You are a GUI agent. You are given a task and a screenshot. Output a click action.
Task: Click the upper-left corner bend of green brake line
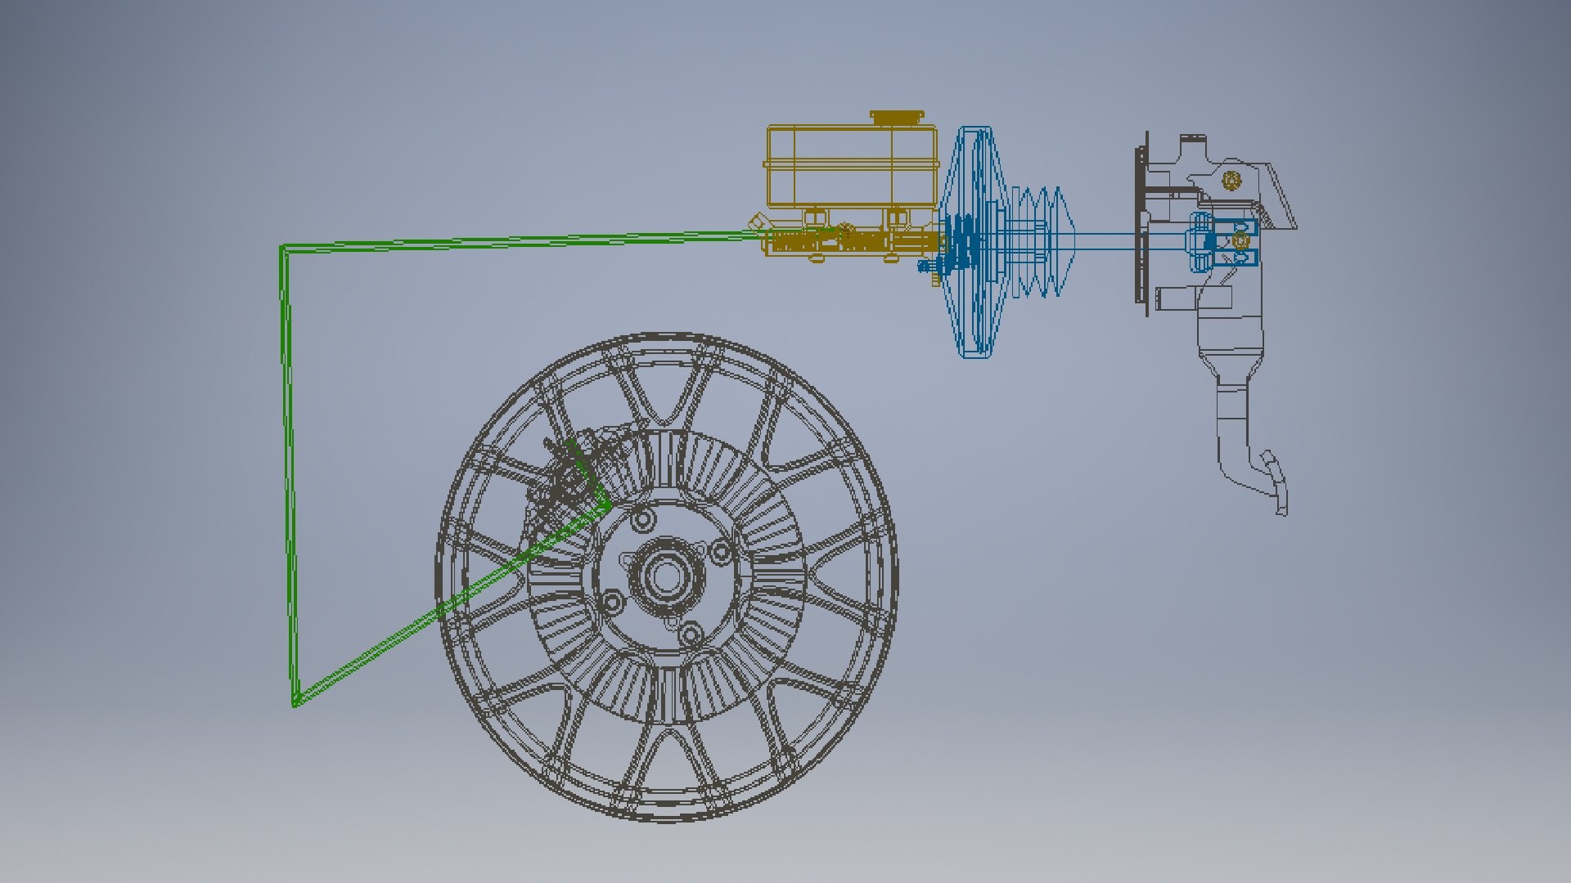pos(284,248)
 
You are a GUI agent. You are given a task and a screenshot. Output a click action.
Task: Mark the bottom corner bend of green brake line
pos(295,701)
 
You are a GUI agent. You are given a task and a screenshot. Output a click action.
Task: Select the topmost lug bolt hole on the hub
pos(643,520)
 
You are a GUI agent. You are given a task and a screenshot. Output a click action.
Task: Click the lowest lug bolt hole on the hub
pos(691,634)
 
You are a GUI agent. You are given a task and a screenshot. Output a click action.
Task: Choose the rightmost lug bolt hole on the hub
pos(720,552)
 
